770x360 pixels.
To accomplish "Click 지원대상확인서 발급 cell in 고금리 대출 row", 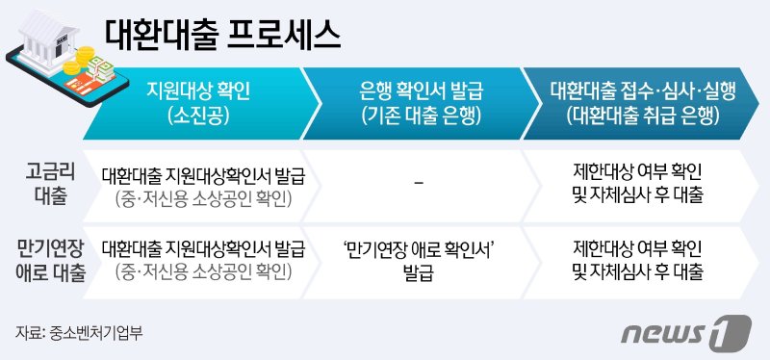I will coord(202,183).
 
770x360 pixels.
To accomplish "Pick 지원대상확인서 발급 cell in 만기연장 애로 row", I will coord(202,261).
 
